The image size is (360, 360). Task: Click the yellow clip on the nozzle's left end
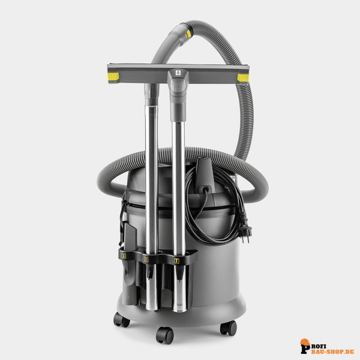(113, 76)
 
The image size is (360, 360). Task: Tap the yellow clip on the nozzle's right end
(243, 78)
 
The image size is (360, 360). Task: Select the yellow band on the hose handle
(188, 34)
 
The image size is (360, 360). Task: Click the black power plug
(245, 227)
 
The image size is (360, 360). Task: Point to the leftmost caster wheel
(121, 319)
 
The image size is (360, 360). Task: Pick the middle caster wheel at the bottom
(164, 335)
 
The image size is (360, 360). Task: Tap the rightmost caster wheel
(228, 328)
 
